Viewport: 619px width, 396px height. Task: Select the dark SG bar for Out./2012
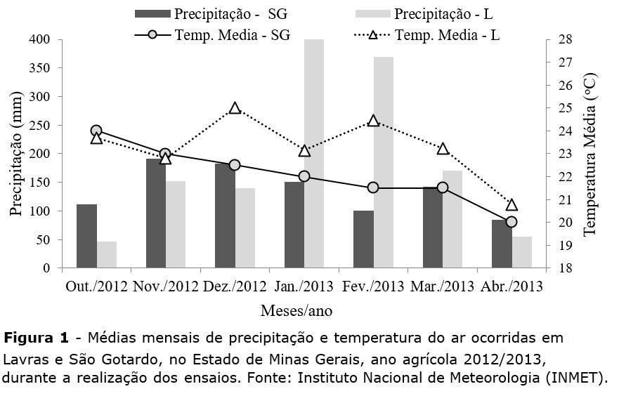(x=86, y=236)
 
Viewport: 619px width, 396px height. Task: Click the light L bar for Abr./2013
(x=522, y=252)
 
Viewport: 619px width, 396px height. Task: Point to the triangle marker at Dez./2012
(x=235, y=108)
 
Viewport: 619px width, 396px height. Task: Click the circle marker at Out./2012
(x=96, y=131)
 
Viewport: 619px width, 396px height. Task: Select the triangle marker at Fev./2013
(x=373, y=121)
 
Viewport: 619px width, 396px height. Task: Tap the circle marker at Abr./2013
(x=512, y=222)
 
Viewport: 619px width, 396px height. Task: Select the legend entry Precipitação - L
(x=436, y=14)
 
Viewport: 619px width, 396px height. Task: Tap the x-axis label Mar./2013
(x=442, y=286)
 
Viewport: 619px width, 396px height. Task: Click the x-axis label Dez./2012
(x=234, y=286)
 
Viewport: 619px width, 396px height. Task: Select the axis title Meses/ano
(x=297, y=310)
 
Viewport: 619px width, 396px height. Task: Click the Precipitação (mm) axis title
(x=16, y=153)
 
